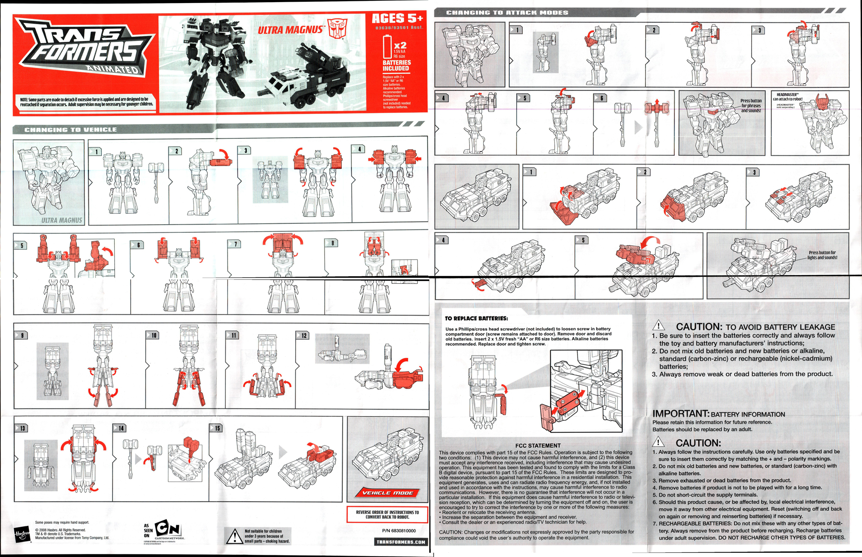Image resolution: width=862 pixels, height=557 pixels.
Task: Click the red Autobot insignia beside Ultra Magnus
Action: tap(337, 28)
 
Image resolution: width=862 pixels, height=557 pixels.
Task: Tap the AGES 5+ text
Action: tap(397, 19)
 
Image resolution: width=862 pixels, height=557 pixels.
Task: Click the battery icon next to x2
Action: tap(387, 47)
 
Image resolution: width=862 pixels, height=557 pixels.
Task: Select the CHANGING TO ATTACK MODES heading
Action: tap(507, 13)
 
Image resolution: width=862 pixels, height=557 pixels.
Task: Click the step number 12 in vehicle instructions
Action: tap(303, 335)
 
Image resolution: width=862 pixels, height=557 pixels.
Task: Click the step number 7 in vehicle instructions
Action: tap(235, 244)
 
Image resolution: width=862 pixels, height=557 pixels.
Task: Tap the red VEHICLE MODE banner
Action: tap(387, 493)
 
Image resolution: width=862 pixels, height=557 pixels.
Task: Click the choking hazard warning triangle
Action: tap(234, 536)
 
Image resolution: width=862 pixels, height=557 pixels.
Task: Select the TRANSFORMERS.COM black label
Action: tap(400, 542)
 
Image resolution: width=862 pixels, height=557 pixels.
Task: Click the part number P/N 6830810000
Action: tap(399, 531)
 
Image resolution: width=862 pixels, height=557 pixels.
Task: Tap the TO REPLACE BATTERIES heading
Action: tap(476, 319)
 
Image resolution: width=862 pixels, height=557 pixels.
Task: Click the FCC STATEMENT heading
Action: tap(538, 445)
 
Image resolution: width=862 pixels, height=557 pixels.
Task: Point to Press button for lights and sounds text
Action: tap(822, 255)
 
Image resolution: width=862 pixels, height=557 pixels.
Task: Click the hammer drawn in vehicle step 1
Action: tap(156, 181)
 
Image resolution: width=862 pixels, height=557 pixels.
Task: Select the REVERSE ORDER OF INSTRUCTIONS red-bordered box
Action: tap(387, 514)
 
